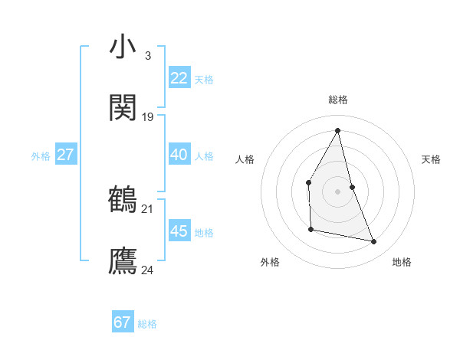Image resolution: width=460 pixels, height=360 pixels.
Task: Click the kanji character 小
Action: click(x=123, y=47)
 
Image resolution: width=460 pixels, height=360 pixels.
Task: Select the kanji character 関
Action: click(x=123, y=108)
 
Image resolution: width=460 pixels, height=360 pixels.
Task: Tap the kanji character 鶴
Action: click(x=123, y=200)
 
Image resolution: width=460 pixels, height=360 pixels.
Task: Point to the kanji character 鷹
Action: click(x=123, y=261)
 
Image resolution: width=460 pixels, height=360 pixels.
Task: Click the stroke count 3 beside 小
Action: click(x=147, y=55)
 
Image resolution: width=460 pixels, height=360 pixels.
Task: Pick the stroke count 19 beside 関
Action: click(x=148, y=117)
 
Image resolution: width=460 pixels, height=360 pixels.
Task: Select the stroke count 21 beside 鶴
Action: click(x=148, y=208)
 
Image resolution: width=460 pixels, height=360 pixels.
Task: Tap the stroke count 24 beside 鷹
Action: click(x=148, y=270)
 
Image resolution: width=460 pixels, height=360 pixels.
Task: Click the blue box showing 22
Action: click(x=179, y=78)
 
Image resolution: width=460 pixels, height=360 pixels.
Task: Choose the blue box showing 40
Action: click(x=179, y=155)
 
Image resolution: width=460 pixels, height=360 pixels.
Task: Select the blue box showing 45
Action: click(x=179, y=231)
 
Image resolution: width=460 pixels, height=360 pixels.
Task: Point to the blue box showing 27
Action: click(x=65, y=155)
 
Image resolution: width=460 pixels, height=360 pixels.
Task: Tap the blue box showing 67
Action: click(x=122, y=322)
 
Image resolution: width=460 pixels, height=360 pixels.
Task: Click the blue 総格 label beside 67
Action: click(x=147, y=324)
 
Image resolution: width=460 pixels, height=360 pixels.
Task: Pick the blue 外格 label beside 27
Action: click(x=41, y=156)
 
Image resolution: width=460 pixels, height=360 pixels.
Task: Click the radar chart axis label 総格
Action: click(x=338, y=100)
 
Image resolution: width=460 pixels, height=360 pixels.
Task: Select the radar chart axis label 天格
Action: click(x=432, y=159)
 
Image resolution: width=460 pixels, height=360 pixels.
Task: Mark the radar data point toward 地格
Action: click(x=374, y=242)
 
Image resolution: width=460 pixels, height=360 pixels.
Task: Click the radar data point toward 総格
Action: click(x=338, y=130)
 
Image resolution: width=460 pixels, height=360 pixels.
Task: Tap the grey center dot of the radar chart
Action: click(x=338, y=191)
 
